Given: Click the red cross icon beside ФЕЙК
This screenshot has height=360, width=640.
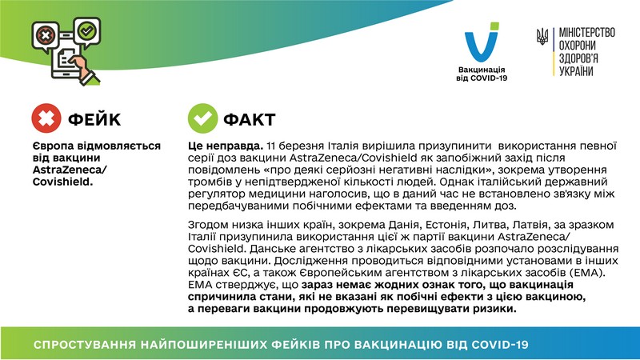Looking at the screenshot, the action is (x=46, y=118).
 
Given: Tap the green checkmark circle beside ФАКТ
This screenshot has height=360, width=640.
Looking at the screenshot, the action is (x=202, y=118).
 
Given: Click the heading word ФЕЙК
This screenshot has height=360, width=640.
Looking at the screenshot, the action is (x=94, y=119).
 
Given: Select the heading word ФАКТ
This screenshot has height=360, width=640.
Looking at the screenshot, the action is (x=250, y=119).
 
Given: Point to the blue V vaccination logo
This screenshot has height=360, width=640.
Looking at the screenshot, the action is (x=482, y=42).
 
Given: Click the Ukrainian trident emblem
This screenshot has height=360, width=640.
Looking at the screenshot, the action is (x=542, y=36).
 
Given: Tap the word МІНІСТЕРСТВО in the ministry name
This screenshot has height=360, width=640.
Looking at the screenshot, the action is (x=587, y=32).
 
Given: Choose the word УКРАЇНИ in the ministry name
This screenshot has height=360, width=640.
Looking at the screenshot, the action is (x=576, y=71).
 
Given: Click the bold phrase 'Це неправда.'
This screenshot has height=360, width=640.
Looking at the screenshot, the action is (x=226, y=146).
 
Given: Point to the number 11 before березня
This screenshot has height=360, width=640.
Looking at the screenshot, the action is (x=271, y=146).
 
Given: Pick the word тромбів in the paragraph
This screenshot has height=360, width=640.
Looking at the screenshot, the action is (x=211, y=182).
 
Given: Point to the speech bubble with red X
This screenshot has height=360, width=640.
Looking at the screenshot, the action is (x=46, y=36).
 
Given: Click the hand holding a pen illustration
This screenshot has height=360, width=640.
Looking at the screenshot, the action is (x=85, y=70).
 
